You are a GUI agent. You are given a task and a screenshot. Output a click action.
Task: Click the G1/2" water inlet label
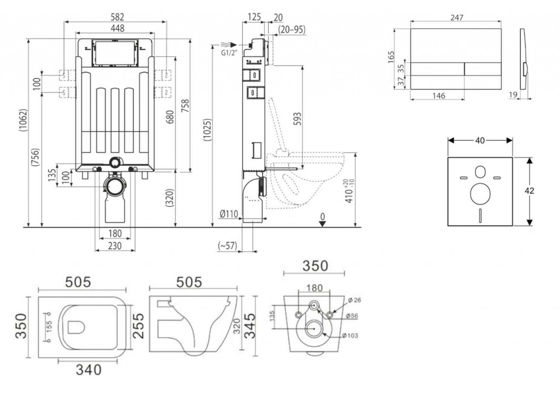[x=230, y=53]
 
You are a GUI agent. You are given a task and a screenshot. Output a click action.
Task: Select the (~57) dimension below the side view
[x=227, y=246]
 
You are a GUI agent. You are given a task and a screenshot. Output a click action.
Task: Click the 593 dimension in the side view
[x=298, y=119]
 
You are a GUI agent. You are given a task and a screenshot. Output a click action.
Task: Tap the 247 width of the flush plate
[x=456, y=17]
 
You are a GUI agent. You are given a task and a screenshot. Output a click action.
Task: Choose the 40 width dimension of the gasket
[x=480, y=140]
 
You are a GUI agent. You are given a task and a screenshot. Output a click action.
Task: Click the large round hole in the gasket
[x=480, y=193]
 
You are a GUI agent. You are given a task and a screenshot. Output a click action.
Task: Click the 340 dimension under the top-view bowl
[x=88, y=370]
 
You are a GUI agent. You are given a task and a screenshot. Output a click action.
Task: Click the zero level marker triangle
[x=322, y=224]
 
